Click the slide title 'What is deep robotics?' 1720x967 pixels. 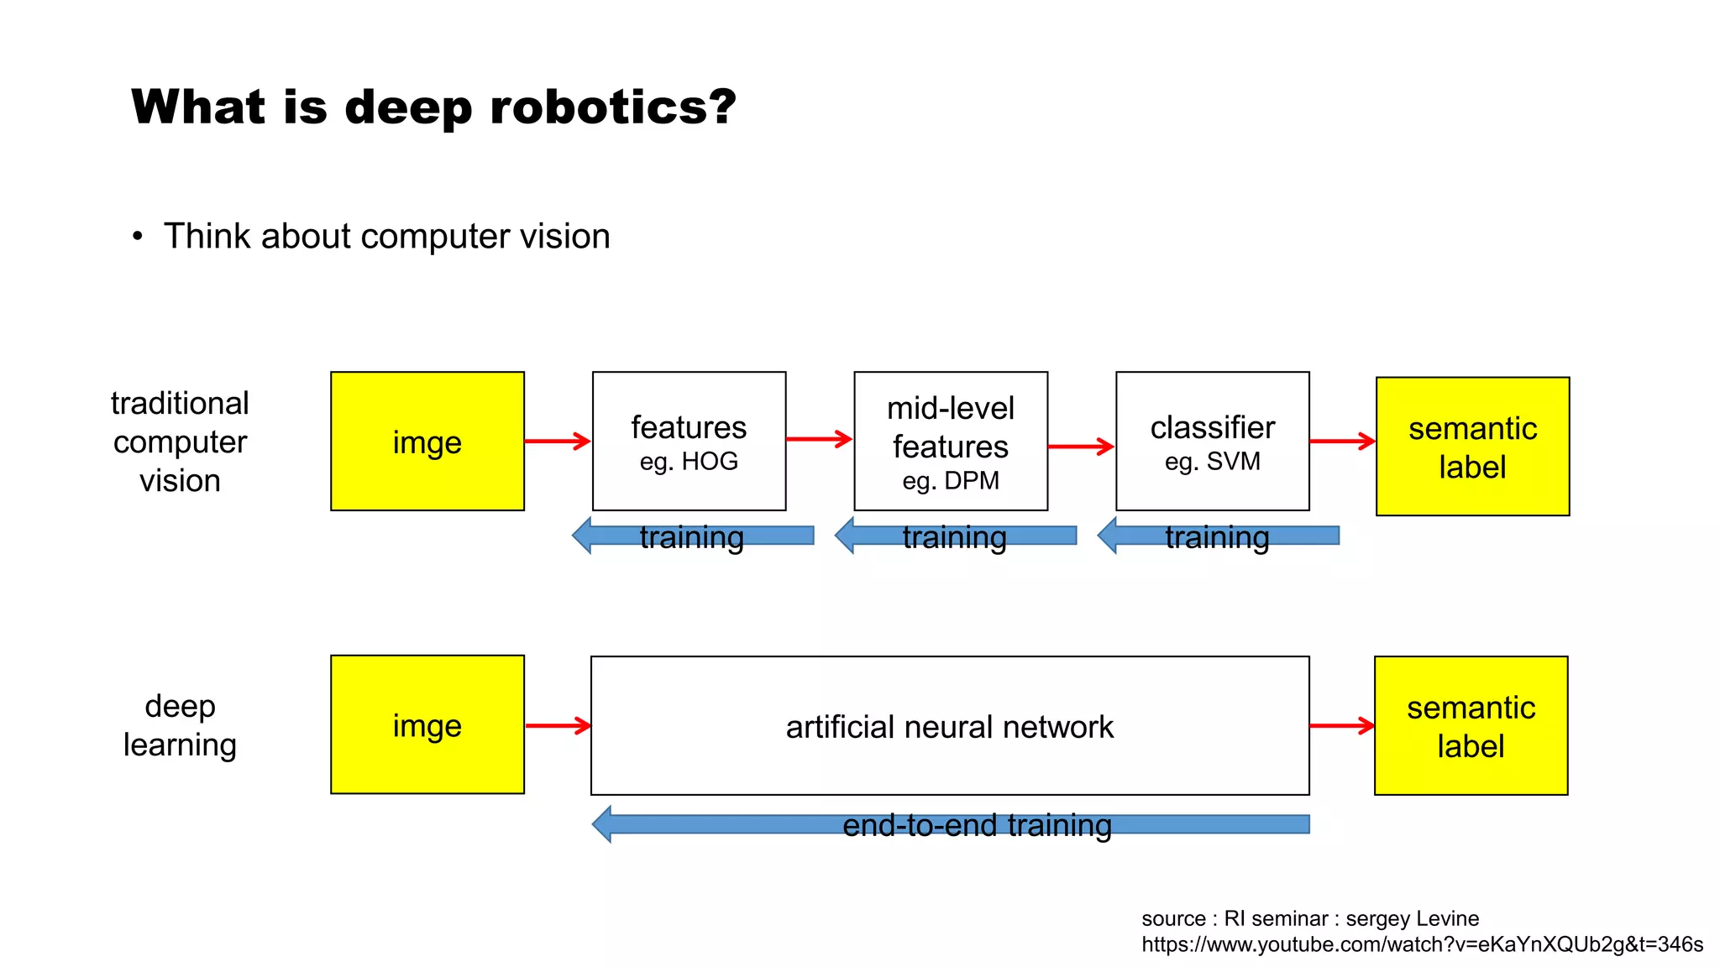433,107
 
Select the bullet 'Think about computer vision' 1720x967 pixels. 386,237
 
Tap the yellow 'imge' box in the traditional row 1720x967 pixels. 427,442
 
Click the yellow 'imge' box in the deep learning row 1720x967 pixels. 427,725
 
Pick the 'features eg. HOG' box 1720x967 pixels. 689,442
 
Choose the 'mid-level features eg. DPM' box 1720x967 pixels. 951,442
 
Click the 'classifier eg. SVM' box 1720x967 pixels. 1212,442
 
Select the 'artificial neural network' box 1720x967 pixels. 950,726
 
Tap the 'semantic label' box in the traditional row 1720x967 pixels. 1472,447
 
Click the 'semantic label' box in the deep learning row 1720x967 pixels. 1471,726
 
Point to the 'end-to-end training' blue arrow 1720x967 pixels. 950,824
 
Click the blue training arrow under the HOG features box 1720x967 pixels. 692,536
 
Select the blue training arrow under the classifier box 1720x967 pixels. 1218,536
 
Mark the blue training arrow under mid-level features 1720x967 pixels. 955,536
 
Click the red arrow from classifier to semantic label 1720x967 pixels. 1342,441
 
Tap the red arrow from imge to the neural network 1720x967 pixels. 558,725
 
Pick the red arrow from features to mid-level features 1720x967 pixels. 819,438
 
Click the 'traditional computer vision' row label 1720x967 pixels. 180,442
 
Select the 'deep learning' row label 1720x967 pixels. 180,725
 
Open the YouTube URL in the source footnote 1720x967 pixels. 1421,944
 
